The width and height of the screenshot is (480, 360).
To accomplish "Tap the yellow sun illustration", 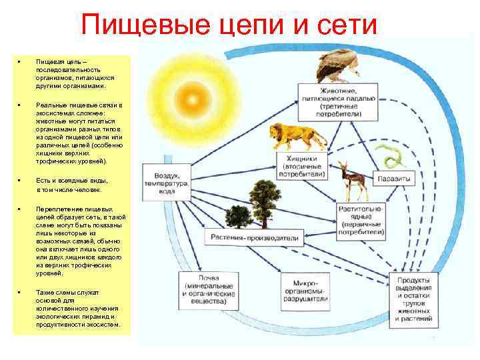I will point(192,101).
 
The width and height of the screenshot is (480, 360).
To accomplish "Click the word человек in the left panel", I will point(87,189).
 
